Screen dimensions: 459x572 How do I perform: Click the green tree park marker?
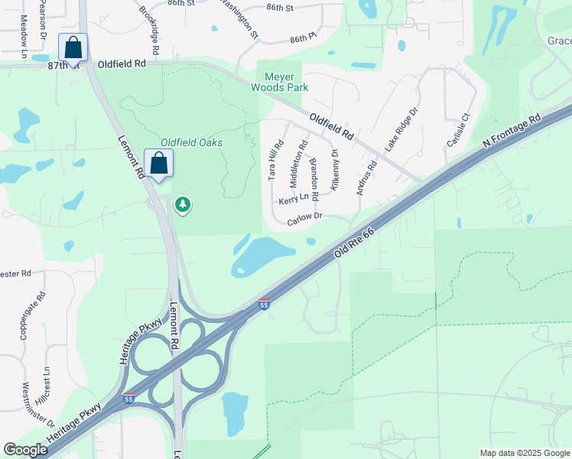183,205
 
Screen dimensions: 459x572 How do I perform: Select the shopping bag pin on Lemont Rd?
158,164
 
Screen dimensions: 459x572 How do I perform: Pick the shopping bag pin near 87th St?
73,48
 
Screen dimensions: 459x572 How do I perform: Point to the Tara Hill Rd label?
275,159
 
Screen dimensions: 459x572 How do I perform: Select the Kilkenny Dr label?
334,169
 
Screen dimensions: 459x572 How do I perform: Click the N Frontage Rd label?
511,132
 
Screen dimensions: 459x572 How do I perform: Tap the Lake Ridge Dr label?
402,129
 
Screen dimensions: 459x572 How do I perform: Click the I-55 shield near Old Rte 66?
265,304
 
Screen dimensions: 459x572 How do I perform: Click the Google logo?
25,450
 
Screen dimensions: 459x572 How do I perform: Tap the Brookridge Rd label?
150,30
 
